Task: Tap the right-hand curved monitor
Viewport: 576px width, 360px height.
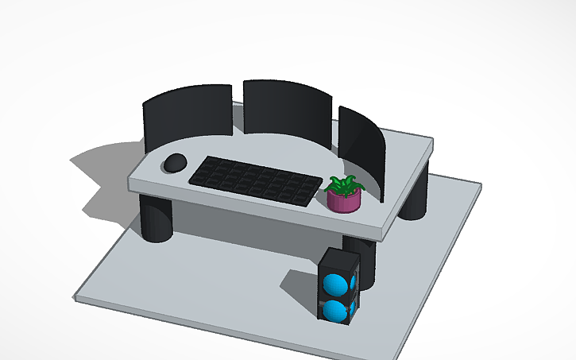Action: [x=361, y=146]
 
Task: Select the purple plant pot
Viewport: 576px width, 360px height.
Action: [x=344, y=202]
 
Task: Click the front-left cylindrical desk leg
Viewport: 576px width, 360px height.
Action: [x=156, y=217]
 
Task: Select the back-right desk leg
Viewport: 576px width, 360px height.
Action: [x=414, y=199]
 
